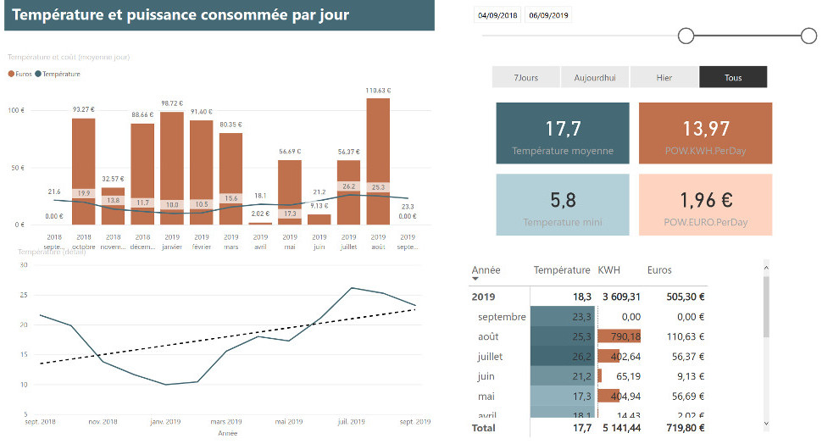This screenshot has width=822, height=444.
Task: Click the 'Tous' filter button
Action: pyautogui.click(x=733, y=77)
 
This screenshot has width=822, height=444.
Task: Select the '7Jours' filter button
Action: pyautogui.click(x=526, y=77)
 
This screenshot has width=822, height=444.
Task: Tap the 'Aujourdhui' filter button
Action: pyautogui.click(x=595, y=77)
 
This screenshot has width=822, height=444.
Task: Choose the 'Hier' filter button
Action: pyautogui.click(x=664, y=77)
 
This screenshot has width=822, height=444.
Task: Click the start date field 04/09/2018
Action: pyautogui.click(x=497, y=15)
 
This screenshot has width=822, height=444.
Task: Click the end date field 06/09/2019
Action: pyautogui.click(x=548, y=15)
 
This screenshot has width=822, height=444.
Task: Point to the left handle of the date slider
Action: pyautogui.click(x=686, y=36)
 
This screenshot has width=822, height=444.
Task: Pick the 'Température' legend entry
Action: pyautogui.click(x=60, y=74)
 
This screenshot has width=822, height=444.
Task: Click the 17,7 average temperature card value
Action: pyautogui.click(x=563, y=129)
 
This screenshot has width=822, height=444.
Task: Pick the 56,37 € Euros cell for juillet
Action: pyautogui.click(x=687, y=357)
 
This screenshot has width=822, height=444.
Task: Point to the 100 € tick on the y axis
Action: pyautogui.click(x=17, y=111)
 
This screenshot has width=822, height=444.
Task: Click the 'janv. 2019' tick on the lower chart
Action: pyautogui.click(x=165, y=421)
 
